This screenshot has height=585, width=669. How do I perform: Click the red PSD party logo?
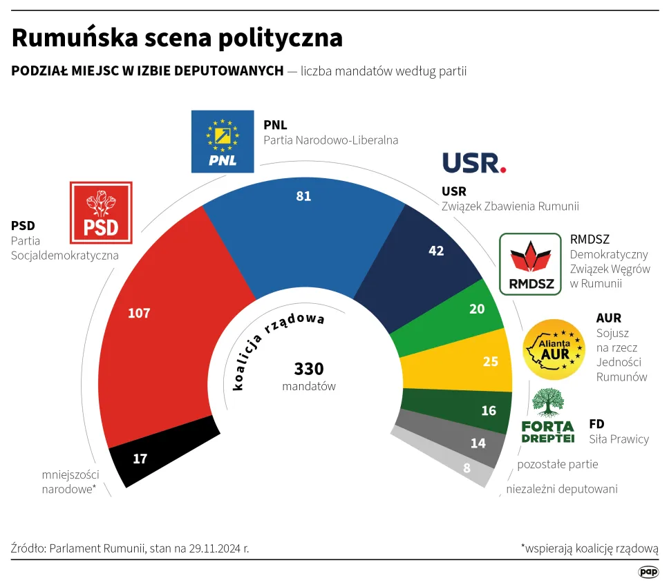coord(101,213)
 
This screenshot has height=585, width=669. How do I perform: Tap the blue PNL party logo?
coord(223,141)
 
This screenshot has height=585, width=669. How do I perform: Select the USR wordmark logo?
coord(474,163)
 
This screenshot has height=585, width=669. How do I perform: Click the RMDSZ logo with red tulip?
coord(530,264)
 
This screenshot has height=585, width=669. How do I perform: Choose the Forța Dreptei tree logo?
coord(547,415)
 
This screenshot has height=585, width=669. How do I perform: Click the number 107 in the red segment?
coord(139,313)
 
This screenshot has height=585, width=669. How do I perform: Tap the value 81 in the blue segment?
coord(303,195)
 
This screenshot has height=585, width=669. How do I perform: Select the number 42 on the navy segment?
coord(436,251)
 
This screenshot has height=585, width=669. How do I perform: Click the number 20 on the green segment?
coord(477,309)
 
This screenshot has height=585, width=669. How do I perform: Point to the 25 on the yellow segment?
coord(490,361)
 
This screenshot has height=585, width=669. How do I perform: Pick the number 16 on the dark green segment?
coord(489,410)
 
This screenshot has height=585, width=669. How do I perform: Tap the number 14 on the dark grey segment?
coord(478,443)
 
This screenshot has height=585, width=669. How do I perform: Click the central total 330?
coord(309,369)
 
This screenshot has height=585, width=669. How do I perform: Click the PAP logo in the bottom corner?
coord(648,572)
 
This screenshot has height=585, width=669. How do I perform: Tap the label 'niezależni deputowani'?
coord(562,489)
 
